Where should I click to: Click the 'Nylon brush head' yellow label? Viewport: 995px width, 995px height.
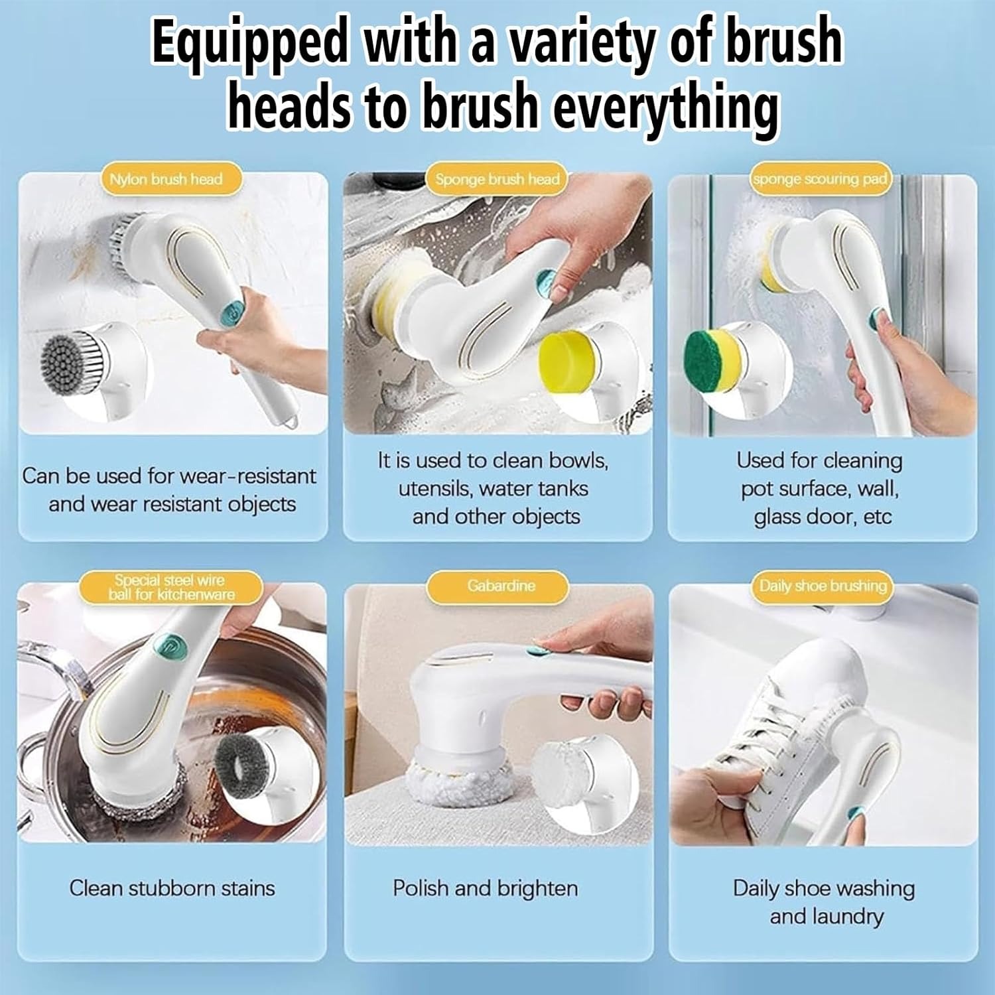tap(165, 180)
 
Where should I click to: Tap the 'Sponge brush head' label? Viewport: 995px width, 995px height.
tap(497, 180)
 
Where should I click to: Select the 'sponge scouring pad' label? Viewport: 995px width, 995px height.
tap(820, 180)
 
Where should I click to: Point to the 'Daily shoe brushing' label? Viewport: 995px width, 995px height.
tap(823, 586)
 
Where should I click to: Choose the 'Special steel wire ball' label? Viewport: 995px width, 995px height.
tap(171, 588)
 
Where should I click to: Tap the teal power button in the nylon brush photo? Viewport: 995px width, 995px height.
tap(233, 310)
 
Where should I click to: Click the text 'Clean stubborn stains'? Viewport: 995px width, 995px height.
tap(172, 888)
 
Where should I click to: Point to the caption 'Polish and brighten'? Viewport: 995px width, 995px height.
tap(485, 888)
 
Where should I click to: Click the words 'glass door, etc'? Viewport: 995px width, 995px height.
tap(823, 517)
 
